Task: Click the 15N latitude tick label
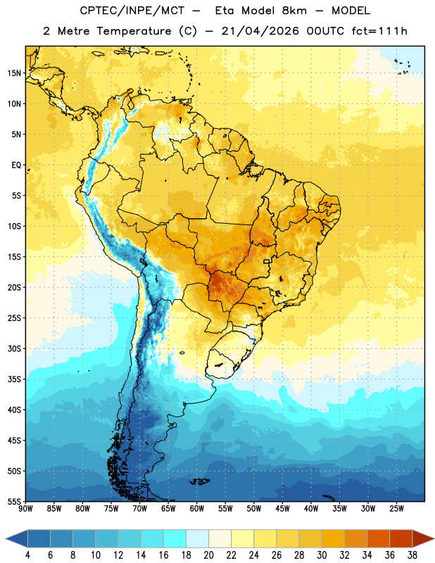click(14, 73)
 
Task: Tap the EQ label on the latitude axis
click(16, 165)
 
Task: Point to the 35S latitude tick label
click(14, 379)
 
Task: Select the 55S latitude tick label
click(14, 502)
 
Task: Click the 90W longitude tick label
click(26, 509)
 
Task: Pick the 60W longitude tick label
click(197, 509)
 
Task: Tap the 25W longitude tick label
click(396, 509)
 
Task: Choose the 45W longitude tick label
click(282, 509)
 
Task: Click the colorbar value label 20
click(208, 555)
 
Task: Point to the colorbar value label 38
click(412, 555)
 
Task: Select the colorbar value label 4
click(27, 555)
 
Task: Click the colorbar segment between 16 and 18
click(175, 538)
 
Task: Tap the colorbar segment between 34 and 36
click(378, 538)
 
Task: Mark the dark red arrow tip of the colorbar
click(434, 538)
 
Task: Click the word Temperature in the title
click(134, 31)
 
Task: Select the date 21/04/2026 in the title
click(260, 31)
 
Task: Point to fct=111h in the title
click(379, 31)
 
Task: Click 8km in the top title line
click(294, 11)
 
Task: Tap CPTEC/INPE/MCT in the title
click(132, 11)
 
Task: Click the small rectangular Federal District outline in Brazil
click(267, 261)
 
